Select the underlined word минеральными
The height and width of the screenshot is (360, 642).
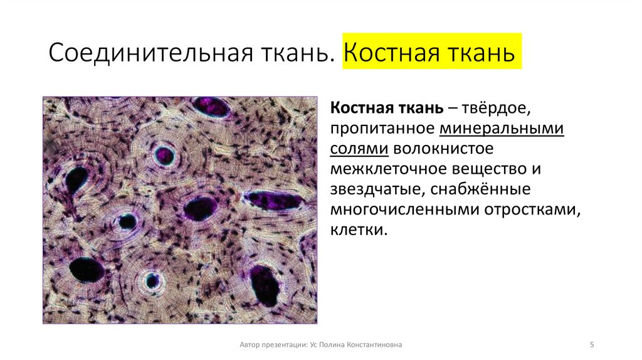pos(502,129)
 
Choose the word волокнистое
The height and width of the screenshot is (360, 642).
pos(445,149)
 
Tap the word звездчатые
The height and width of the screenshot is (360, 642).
pos(367,190)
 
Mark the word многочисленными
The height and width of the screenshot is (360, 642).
pos(404,210)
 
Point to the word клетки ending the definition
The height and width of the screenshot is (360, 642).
pos(355,231)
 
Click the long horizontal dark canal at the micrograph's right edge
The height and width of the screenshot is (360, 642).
pos(274,200)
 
